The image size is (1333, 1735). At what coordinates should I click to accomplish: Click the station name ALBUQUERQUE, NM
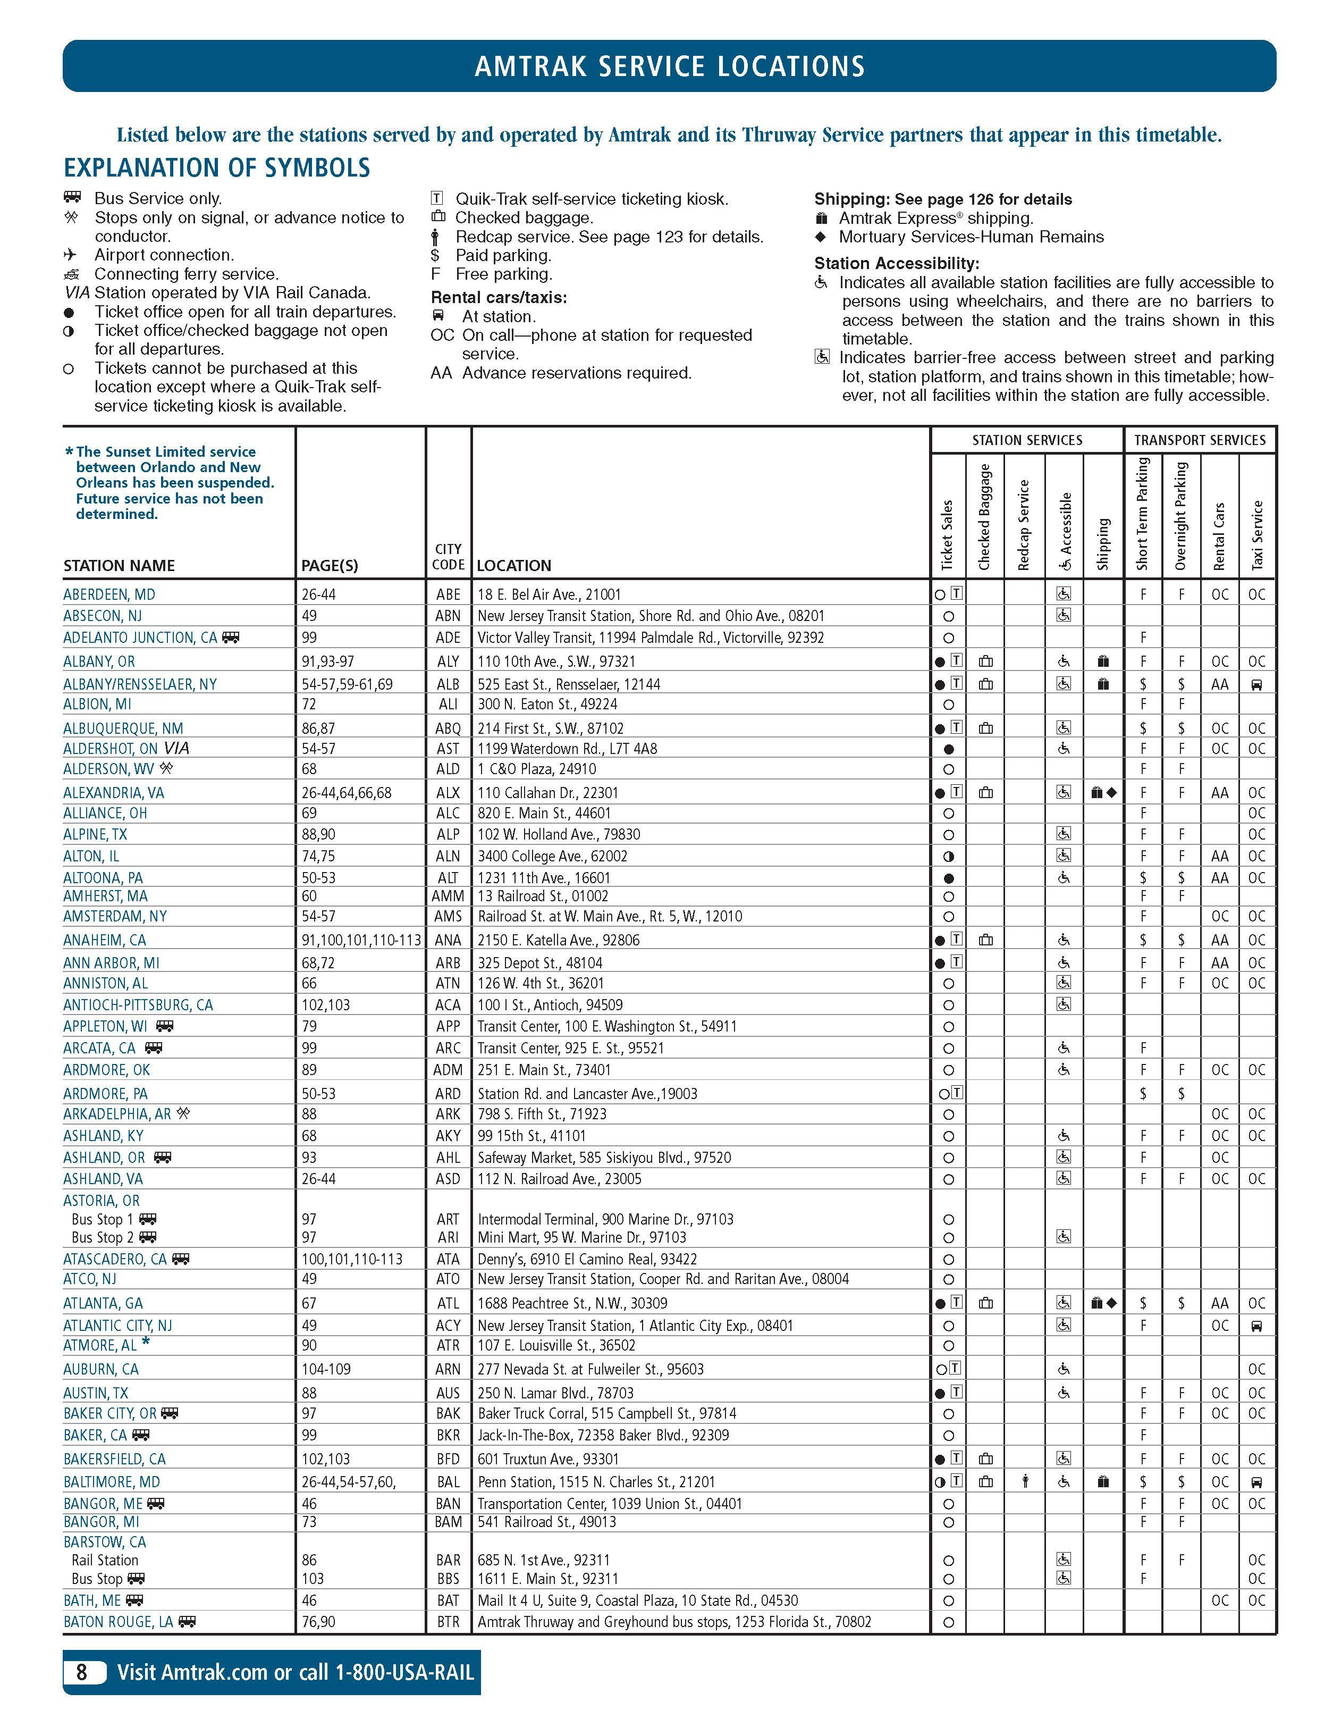tap(123, 728)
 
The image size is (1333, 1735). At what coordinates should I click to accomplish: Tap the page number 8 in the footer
tap(82, 1672)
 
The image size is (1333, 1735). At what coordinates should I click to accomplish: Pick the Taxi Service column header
tap(1257, 534)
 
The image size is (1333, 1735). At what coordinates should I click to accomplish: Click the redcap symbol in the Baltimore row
tap(1025, 1481)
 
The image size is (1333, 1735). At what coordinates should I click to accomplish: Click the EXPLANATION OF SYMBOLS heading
tap(217, 168)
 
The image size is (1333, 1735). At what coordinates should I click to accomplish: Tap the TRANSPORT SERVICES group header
tap(1199, 440)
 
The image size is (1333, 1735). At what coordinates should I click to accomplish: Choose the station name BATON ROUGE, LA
tap(118, 1622)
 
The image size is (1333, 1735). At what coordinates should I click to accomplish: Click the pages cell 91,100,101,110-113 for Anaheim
tap(361, 940)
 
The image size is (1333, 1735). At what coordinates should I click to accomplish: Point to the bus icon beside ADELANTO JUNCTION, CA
tap(230, 636)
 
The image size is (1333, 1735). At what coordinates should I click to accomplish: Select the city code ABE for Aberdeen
tap(448, 594)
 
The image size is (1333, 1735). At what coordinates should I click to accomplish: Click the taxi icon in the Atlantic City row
tap(1256, 1326)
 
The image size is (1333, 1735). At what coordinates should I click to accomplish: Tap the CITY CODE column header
tap(448, 556)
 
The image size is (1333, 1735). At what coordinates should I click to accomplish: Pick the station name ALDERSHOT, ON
tap(112, 749)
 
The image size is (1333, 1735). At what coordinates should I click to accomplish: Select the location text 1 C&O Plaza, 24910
tap(536, 768)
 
